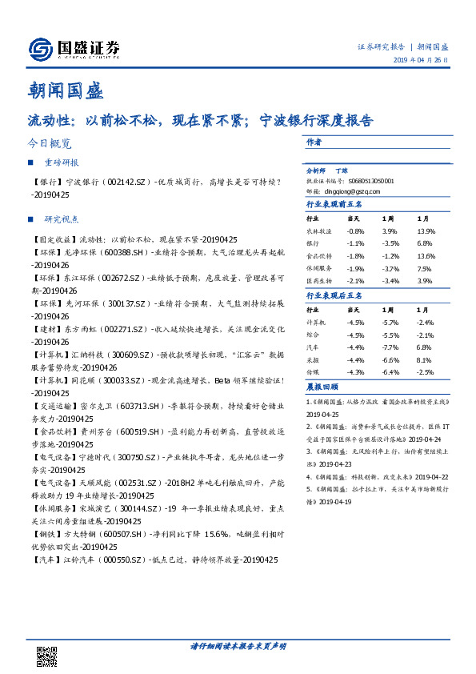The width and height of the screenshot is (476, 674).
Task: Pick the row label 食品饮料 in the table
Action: point(318,255)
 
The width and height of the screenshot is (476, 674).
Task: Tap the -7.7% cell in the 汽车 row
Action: point(390,347)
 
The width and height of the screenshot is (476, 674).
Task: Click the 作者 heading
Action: point(314,142)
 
